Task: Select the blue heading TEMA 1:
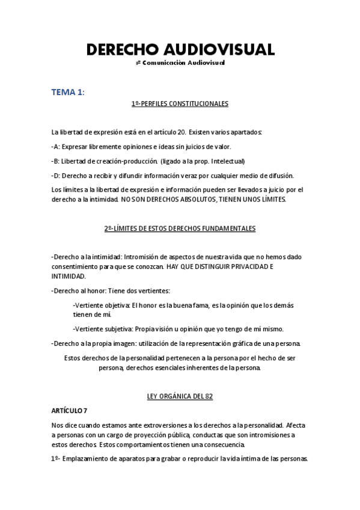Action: [68, 91]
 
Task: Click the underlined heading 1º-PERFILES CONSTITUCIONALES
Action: [180, 104]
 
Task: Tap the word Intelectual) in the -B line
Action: [228, 161]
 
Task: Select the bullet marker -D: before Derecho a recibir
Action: [56, 175]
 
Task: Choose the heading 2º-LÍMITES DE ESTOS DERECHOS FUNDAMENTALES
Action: [180, 229]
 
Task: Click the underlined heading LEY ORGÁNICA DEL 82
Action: [180, 396]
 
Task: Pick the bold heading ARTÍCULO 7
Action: [70, 410]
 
